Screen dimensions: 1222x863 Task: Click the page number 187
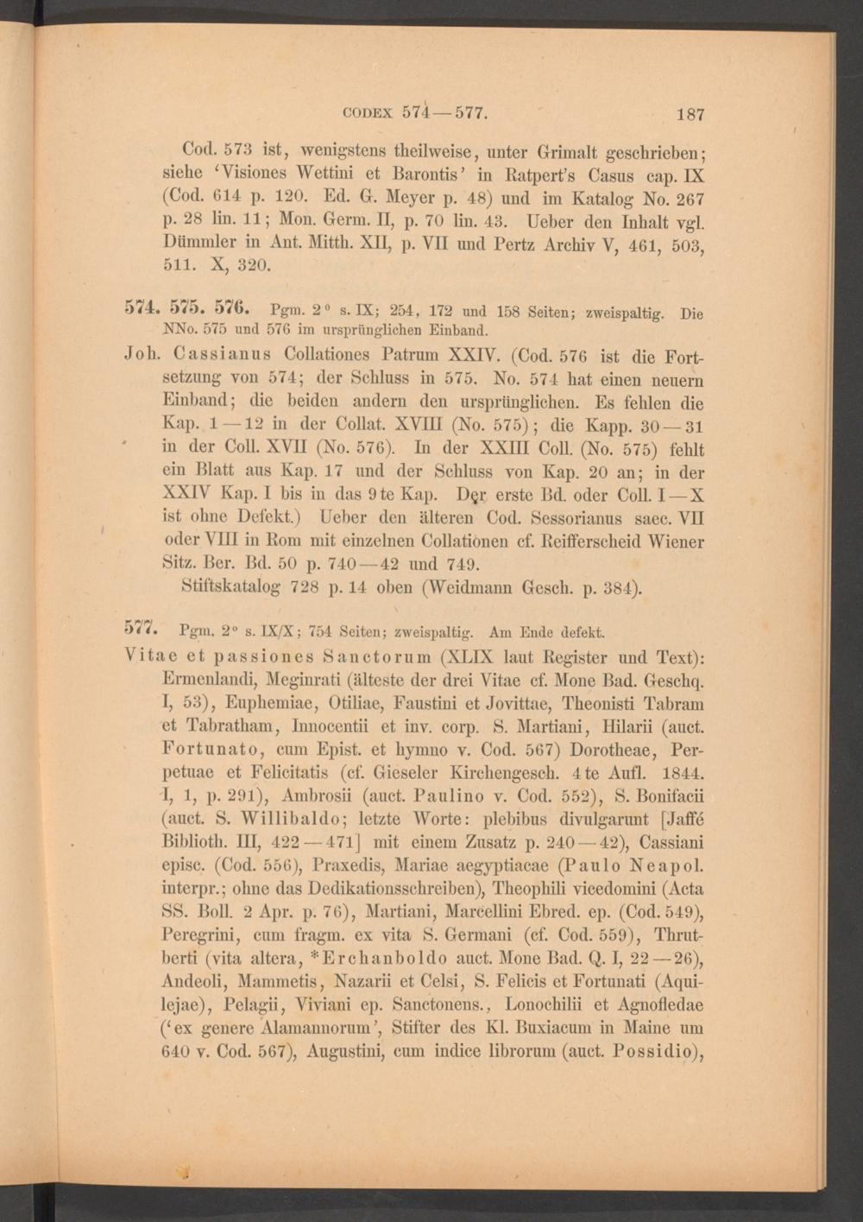(x=690, y=114)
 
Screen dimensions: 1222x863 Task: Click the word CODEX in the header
(x=368, y=113)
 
